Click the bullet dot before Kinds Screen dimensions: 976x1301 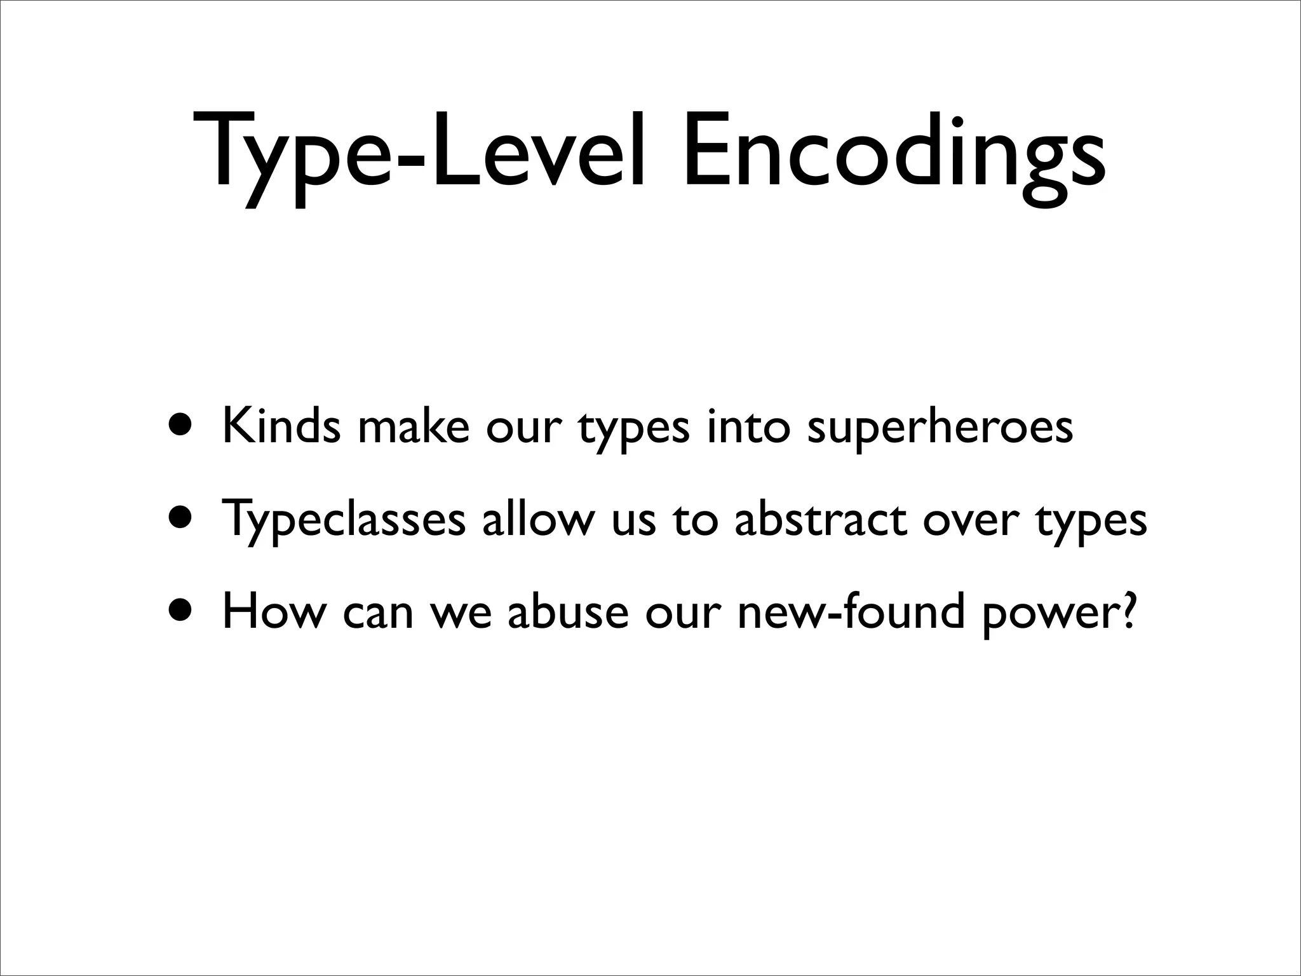[183, 426]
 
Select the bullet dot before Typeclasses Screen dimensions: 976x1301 [183, 518]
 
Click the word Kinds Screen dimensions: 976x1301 [281, 426]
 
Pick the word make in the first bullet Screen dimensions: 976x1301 [414, 426]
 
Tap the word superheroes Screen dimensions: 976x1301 [940, 427]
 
